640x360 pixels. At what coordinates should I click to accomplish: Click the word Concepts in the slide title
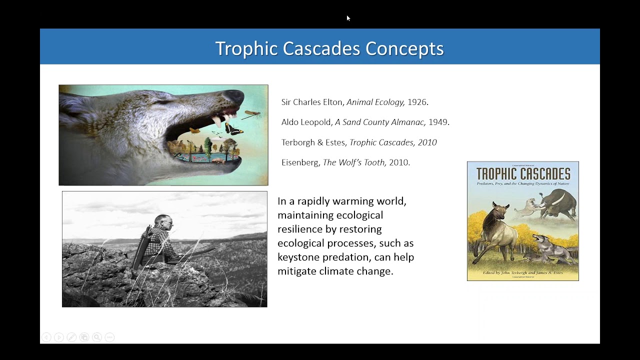(x=404, y=48)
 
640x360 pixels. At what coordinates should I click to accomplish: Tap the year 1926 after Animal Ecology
(x=417, y=102)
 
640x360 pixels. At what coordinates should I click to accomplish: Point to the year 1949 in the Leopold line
(x=438, y=122)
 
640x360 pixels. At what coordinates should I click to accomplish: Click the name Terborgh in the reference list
(x=296, y=142)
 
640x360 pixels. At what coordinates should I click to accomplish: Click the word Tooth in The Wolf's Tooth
(x=374, y=162)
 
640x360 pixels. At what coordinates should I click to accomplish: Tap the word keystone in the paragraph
(x=300, y=257)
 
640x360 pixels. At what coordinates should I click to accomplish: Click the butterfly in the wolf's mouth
(x=231, y=129)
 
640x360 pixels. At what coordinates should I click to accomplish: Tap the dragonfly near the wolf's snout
(x=252, y=115)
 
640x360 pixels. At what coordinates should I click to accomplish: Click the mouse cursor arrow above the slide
(x=348, y=18)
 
